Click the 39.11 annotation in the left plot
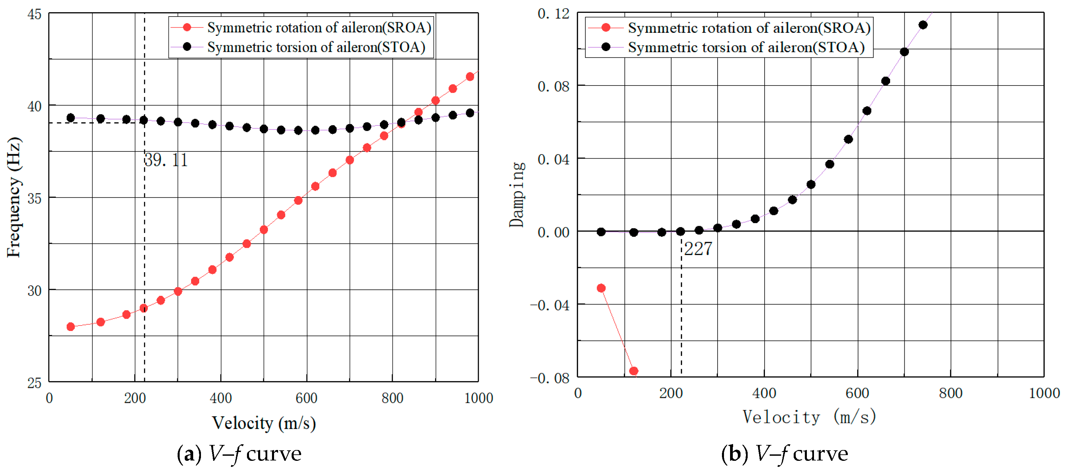tap(166, 160)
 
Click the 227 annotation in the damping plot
tap(698, 249)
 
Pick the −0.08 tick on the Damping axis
tap(550, 378)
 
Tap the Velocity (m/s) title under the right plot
tap(810, 417)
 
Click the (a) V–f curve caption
tap(239, 454)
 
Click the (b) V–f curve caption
tap(784, 454)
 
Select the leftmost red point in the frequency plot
tap(71, 327)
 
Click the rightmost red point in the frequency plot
tap(470, 77)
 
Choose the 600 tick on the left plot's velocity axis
tap(307, 398)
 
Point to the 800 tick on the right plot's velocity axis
tap(950, 393)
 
